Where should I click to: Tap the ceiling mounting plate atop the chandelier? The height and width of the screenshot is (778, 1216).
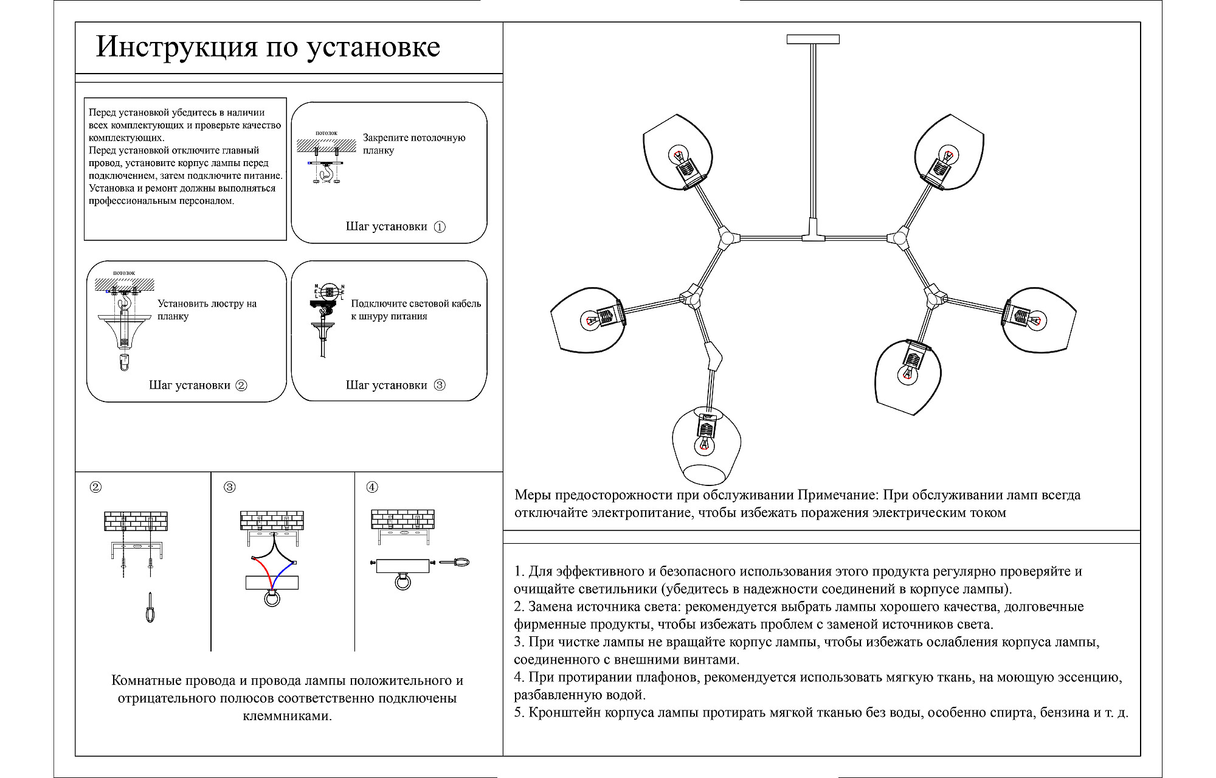813,40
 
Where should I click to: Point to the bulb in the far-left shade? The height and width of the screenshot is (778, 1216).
590,320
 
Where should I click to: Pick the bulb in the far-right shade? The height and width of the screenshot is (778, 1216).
1033,318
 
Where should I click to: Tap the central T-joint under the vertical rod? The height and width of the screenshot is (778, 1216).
813,237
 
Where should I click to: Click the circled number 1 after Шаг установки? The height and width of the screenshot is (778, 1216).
440,227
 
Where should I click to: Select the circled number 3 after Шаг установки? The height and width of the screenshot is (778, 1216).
440,385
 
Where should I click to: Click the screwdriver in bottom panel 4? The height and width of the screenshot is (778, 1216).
455,563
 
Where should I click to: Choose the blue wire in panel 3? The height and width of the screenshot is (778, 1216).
281,575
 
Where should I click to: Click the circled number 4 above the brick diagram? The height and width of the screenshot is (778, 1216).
372,487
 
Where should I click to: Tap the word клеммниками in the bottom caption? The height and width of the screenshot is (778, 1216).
287,716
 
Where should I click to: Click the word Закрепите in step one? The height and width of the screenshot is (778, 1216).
385,138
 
